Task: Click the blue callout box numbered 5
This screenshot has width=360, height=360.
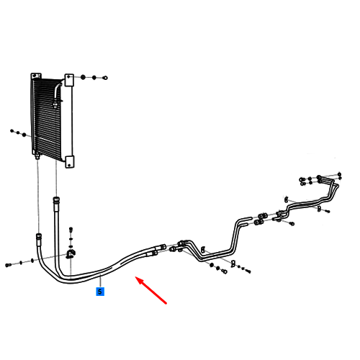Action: (100, 292)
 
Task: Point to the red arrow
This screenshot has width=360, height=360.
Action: (151, 290)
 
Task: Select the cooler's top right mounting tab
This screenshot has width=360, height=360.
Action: (69, 80)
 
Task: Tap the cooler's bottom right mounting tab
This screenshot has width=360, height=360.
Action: (70, 162)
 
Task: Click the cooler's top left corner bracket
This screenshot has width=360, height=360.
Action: (36, 76)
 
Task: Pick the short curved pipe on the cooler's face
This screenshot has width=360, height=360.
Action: (57, 94)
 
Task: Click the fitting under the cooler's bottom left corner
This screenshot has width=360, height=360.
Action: (37, 156)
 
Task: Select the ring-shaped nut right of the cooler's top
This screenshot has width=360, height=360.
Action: (105, 78)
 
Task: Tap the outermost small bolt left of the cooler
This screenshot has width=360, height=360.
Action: (12, 131)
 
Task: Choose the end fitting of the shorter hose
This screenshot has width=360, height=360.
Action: (39, 237)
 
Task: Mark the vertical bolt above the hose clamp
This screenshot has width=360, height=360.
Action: (71, 230)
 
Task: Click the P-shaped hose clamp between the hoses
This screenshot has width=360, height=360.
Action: (71, 254)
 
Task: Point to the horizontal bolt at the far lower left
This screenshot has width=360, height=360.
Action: (8, 265)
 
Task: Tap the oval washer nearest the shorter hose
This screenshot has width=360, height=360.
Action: (32, 261)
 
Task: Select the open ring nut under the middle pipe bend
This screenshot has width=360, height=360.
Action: (225, 271)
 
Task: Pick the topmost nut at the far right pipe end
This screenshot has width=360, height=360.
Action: (339, 174)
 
